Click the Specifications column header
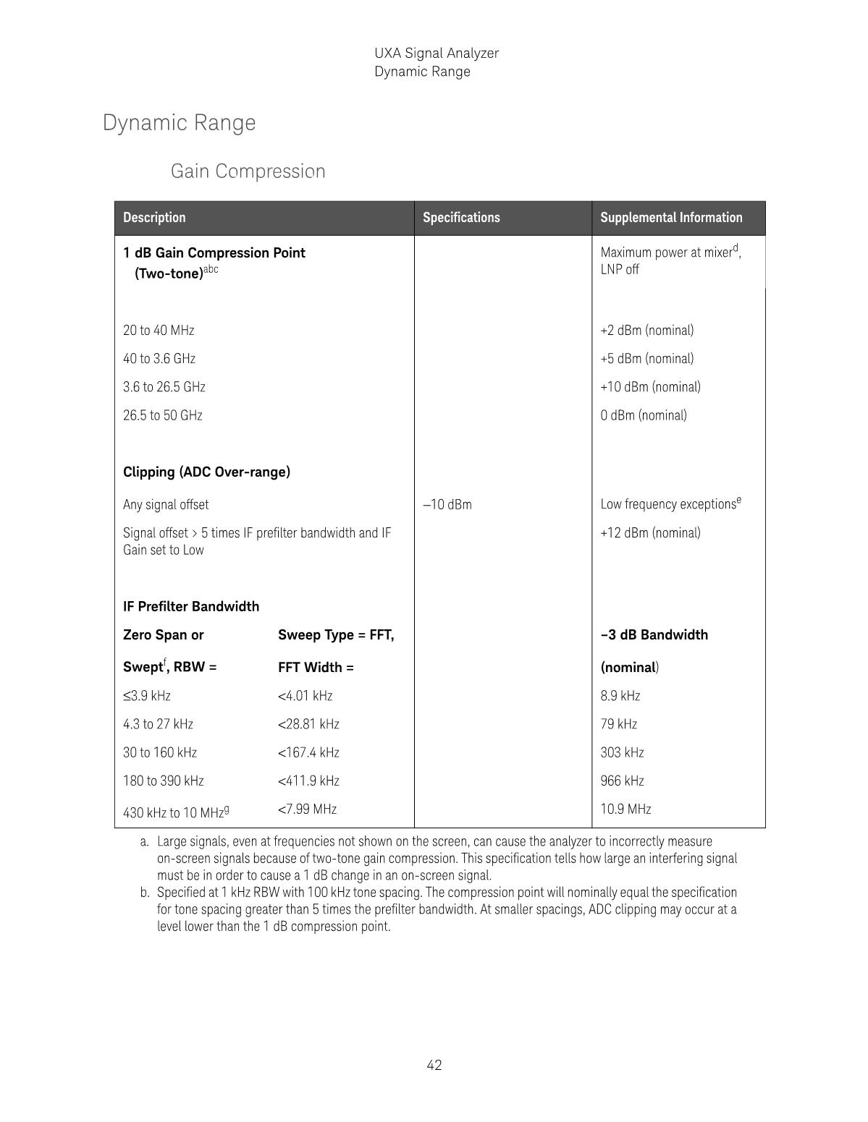coord(461,218)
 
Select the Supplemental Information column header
coord(671,218)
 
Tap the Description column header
coord(154,218)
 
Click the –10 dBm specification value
coord(447,505)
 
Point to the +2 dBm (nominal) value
coord(646,331)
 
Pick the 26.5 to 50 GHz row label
coord(163,415)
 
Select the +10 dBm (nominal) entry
coord(650,387)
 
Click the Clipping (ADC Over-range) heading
coord(206,472)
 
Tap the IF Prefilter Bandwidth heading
coord(191,607)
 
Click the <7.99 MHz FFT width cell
coord(307,809)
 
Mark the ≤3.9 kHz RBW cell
coord(147,696)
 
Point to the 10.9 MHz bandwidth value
coord(625,809)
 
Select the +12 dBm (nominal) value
coord(650,533)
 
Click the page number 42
coord(434,1065)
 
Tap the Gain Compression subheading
coord(248,171)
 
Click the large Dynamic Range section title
coord(180,123)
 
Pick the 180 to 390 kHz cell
coord(164,781)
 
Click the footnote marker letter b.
coord(145,893)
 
